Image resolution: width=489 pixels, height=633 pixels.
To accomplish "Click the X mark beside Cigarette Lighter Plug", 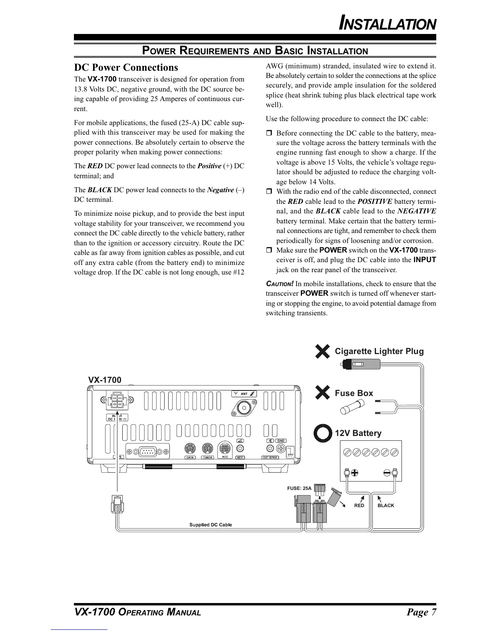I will tap(322, 352).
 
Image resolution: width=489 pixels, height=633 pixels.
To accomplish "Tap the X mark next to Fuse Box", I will tap(322, 393).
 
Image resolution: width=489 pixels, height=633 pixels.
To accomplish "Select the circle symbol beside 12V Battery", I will tap(322, 433).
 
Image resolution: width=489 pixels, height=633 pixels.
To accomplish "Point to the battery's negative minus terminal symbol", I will tap(387, 473).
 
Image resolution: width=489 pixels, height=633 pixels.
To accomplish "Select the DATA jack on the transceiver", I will tap(190, 449).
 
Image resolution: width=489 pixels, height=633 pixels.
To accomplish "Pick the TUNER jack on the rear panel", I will tap(207, 449).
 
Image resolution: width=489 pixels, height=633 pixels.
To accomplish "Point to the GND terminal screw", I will tap(281, 449).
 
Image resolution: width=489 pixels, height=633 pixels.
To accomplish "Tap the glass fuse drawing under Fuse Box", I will tap(352, 409).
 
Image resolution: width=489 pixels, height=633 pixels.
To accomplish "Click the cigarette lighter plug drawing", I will tap(360, 364).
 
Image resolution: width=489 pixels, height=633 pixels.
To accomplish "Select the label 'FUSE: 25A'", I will tap(299, 488).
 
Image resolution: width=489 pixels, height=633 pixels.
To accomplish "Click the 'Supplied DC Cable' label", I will tap(211, 525).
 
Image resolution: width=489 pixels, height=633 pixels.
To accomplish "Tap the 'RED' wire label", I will tap(359, 506).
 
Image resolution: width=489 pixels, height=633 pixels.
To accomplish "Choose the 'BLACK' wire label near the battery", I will tap(386, 506).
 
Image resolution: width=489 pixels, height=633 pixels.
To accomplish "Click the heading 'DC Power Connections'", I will tap(126, 68).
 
